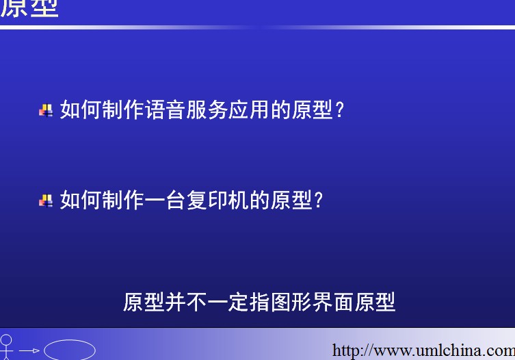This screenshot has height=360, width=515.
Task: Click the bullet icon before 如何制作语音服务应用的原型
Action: point(46,110)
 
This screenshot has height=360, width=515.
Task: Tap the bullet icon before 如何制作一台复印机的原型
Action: point(46,201)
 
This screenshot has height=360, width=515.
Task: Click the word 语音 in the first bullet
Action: point(166,110)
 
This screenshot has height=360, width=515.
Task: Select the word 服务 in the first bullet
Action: point(207,110)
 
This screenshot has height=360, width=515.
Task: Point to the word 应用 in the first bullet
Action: point(249,110)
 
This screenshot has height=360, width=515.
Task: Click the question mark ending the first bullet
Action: point(340,110)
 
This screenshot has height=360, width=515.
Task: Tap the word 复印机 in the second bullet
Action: point(217,200)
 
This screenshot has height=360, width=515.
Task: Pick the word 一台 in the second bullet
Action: point(166,200)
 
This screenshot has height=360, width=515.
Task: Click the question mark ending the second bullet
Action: point(319,201)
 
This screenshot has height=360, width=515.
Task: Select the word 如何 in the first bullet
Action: point(81,110)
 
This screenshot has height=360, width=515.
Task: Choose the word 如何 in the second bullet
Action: point(81,200)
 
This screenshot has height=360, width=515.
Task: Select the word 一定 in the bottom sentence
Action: point(228,302)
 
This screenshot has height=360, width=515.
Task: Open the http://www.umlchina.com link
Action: point(423,350)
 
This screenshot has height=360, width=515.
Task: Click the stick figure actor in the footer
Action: point(6,348)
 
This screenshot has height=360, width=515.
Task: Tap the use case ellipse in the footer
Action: point(70,350)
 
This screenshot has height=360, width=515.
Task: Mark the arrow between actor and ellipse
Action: point(29,351)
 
